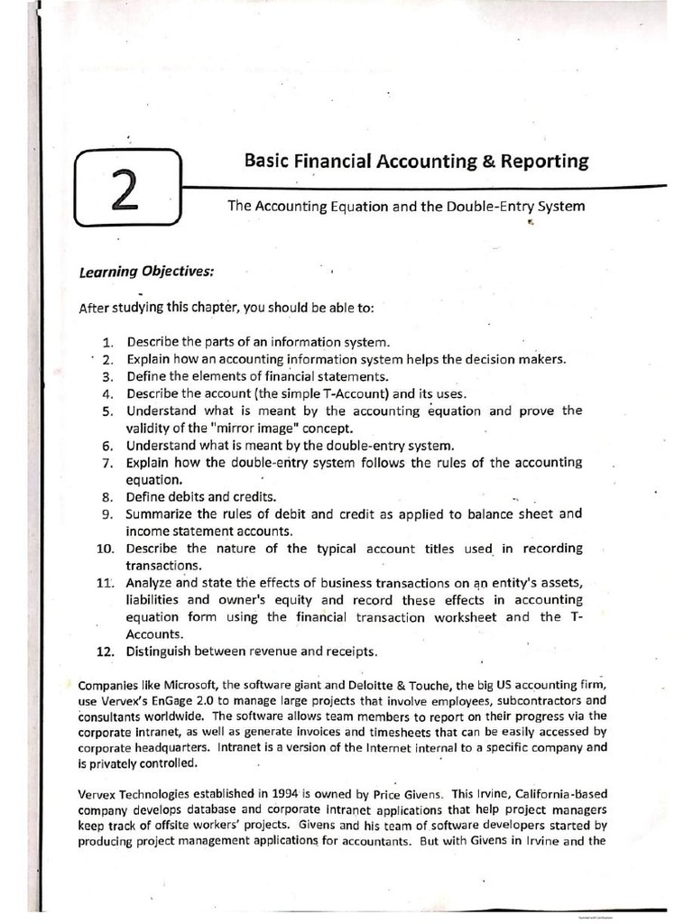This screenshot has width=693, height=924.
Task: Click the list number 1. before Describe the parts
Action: (x=107, y=343)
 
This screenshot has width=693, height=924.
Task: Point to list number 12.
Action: (x=105, y=651)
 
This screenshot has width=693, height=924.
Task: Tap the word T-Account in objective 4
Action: (x=307, y=393)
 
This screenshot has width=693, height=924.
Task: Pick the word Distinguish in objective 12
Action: (x=162, y=651)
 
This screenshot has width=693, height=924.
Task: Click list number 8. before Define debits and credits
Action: (x=107, y=496)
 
